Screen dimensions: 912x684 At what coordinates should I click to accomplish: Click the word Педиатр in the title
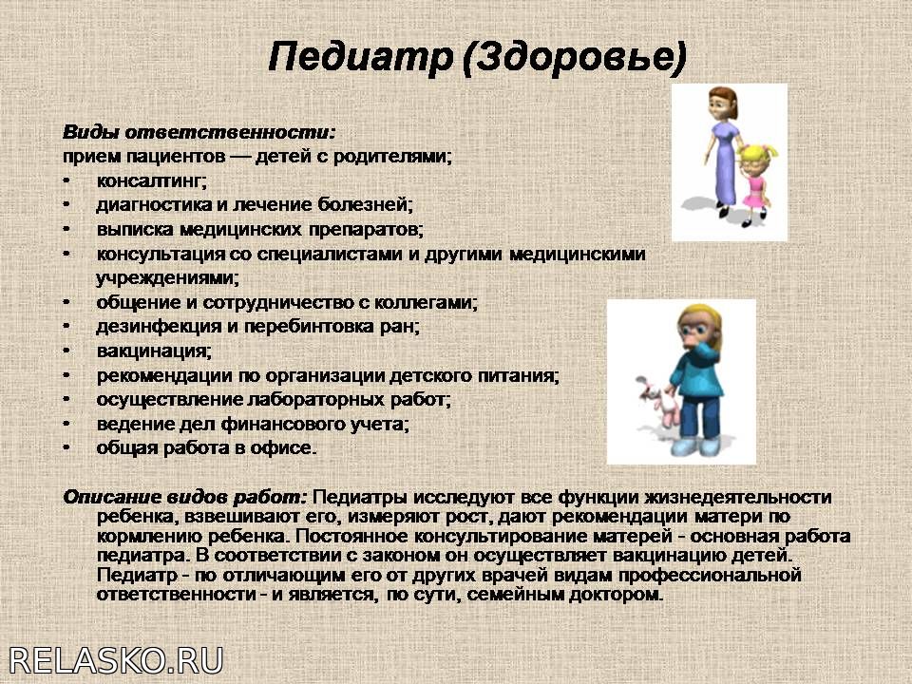coord(360,57)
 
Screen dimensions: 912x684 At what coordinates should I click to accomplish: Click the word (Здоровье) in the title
coord(576,58)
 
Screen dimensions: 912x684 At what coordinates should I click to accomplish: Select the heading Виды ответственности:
coord(199,132)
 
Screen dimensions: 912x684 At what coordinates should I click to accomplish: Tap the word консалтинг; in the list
coord(152,180)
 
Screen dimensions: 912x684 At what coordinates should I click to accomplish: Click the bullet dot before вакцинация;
coord(66,351)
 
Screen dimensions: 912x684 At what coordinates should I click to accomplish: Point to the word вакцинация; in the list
coord(154,351)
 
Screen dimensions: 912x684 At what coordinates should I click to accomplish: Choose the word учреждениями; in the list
coord(167,278)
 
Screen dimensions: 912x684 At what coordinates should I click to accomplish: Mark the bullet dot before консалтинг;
coord(66,180)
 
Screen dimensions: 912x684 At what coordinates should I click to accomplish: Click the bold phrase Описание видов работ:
coord(185,497)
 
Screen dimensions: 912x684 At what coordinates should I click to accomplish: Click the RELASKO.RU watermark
coord(116,661)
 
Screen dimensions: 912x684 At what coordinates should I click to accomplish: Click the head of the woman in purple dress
coord(722,104)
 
